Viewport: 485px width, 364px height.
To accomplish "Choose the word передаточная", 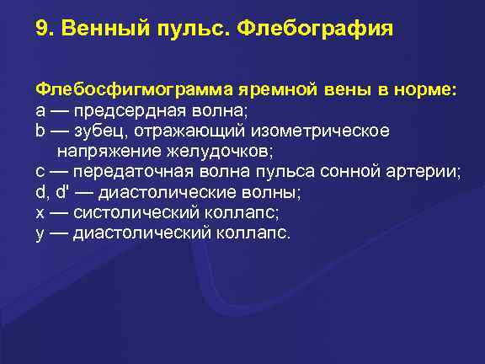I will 132,172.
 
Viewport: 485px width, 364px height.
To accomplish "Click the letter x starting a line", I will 40,212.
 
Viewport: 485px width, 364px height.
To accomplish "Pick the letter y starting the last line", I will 40,233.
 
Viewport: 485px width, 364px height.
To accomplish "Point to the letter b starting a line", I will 40,131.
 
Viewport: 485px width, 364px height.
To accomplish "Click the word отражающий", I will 184,131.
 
